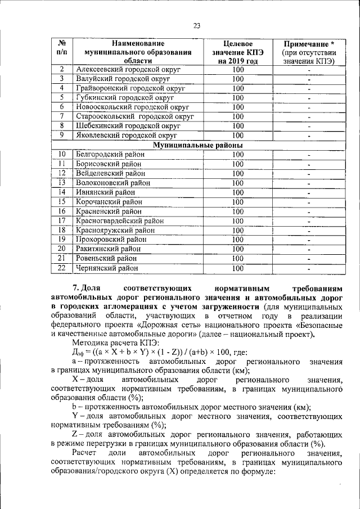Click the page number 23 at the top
(x=197, y=25)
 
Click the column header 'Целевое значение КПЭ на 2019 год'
(x=237, y=52)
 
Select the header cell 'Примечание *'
(x=309, y=43)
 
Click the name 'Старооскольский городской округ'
(x=135, y=116)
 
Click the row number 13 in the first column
(x=62, y=182)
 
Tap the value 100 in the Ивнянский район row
(x=237, y=192)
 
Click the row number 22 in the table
(x=62, y=268)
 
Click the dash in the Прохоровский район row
(x=309, y=240)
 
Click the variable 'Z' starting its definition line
(x=75, y=434)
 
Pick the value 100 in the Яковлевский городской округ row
(x=237, y=135)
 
